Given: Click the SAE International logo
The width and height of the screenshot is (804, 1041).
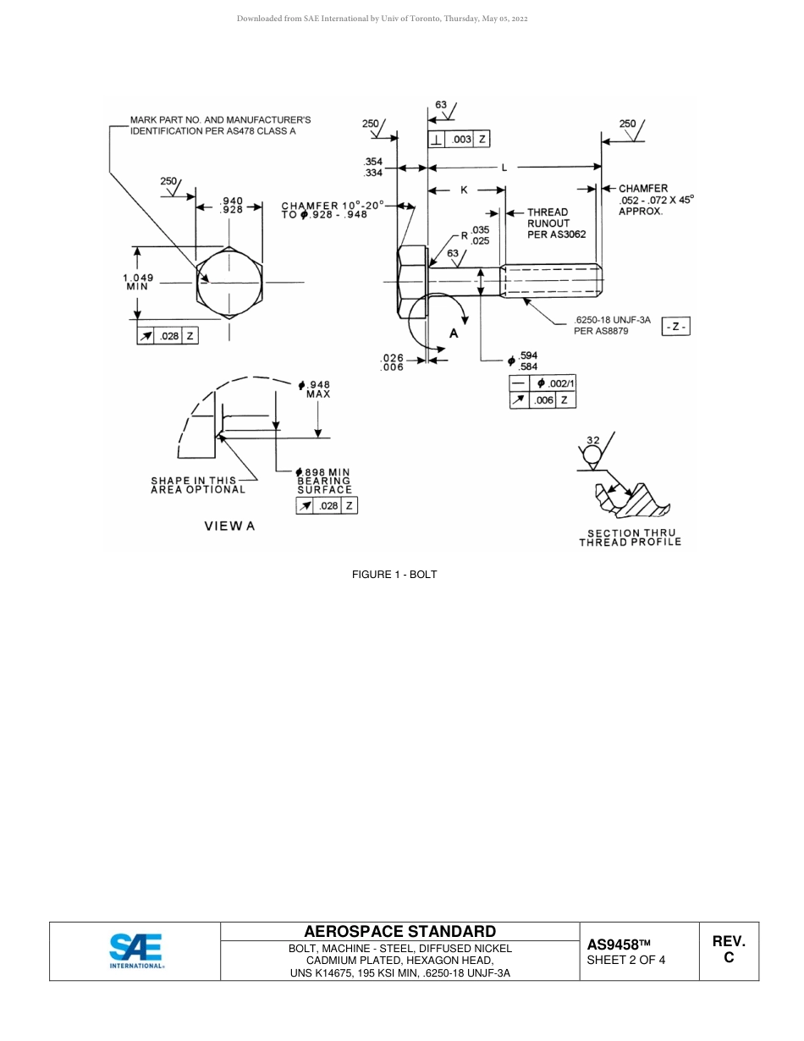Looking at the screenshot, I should coord(135,950).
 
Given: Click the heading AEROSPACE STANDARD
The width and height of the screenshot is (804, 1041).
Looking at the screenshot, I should coord(399,931).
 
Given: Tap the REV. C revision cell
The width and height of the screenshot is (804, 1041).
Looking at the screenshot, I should coord(728,950).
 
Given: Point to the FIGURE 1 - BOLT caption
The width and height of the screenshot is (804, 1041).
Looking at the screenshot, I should coord(394,575).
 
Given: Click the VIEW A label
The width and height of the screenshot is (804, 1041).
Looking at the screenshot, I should coord(229,526).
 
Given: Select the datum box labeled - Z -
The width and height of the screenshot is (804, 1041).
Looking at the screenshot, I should coord(675,326).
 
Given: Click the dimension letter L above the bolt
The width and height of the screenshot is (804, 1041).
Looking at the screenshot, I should coord(504,168).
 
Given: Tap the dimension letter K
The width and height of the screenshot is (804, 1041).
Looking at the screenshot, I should coord(464,190).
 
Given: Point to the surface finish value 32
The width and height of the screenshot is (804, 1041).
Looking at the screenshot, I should coord(592,440).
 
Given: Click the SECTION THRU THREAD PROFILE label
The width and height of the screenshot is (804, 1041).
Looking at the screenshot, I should coord(630,537).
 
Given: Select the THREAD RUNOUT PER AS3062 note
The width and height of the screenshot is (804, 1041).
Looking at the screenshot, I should coord(556,223).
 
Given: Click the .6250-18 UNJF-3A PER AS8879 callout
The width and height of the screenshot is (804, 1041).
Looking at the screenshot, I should coord(611,325).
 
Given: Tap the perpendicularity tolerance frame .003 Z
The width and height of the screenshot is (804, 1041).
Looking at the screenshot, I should coord(458,140).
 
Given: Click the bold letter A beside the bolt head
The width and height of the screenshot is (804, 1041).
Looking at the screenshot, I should coord(454,333).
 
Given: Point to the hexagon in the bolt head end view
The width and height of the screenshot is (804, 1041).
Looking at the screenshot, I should coord(229,283).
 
